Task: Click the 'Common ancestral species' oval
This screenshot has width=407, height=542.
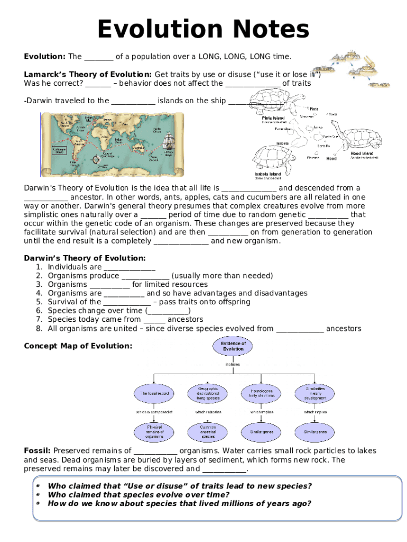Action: coord(208,432)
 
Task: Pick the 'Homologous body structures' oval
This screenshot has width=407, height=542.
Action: coord(258,393)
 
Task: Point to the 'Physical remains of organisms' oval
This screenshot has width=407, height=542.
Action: coord(154,432)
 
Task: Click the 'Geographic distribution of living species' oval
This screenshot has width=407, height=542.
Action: coord(208,393)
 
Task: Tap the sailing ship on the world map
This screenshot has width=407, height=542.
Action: coord(169,140)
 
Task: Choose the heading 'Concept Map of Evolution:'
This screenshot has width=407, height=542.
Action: coord(78,346)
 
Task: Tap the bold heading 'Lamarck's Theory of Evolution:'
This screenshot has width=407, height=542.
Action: coord(88,74)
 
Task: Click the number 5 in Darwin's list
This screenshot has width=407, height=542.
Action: coord(39,302)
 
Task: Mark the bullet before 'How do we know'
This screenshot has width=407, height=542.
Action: coord(38,503)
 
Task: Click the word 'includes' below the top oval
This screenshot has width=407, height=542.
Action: coord(233,364)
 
